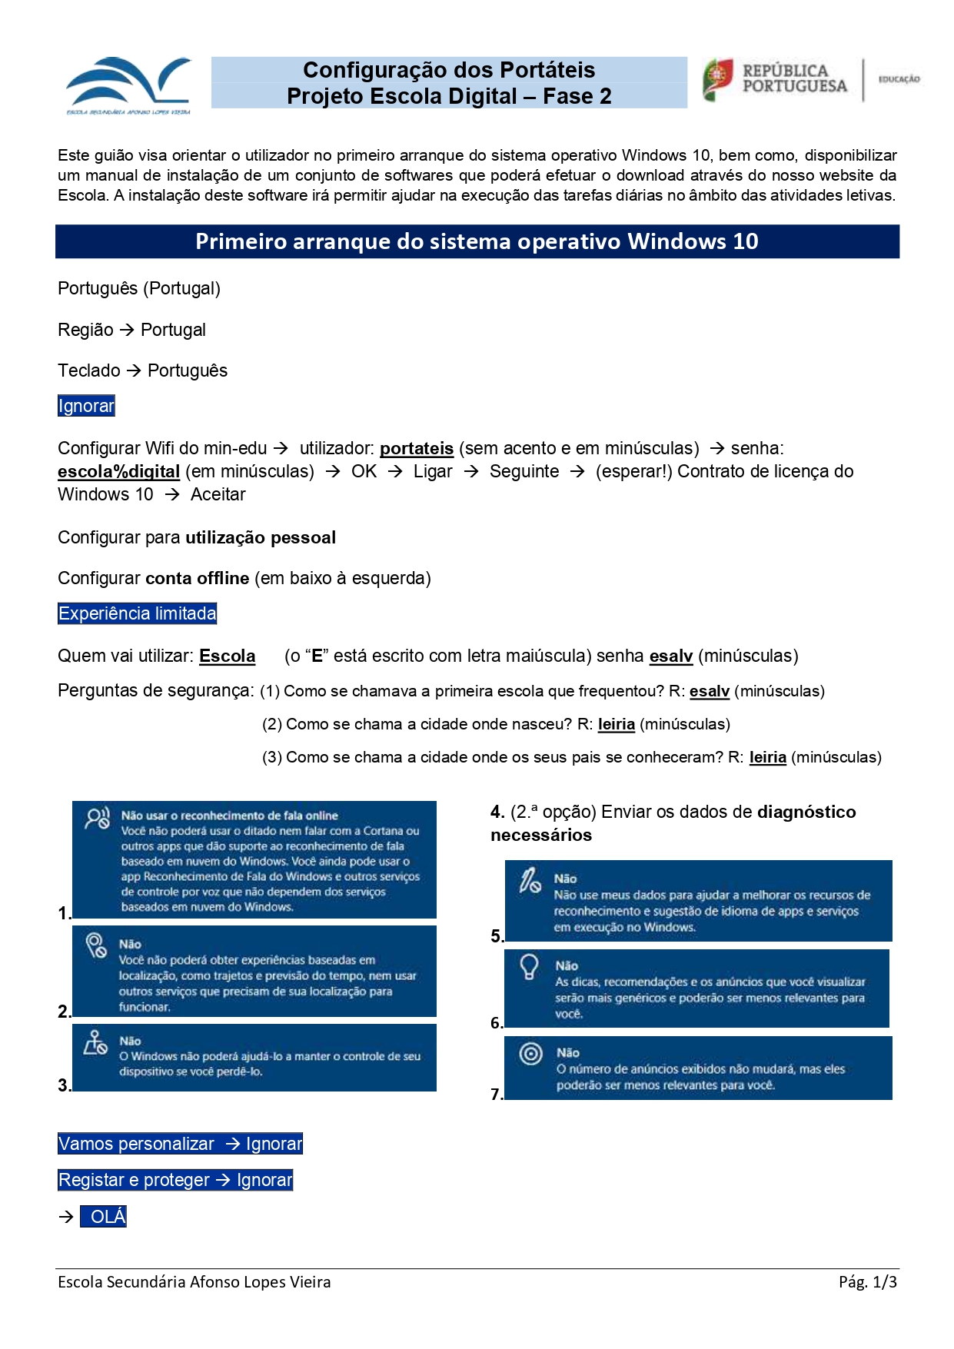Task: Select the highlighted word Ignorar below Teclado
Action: coord(86,406)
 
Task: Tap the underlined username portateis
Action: coord(417,449)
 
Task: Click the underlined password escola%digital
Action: coord(118,472)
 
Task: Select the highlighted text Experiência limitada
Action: coord(138,613)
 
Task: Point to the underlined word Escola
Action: coord(227,656)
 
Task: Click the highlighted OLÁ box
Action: coord(104,1217)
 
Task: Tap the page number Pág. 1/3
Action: coord(867,1282)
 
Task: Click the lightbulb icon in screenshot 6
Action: coord(530,966)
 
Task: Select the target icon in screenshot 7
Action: coord(530,1053)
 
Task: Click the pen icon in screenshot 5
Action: coord(530,880)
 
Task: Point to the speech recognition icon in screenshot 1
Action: coord(98,819)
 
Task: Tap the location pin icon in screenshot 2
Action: coord(96,945)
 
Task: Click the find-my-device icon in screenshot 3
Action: coord(96,1043)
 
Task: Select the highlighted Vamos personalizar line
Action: coord(180,1145)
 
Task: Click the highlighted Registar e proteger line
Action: coord(175,1181)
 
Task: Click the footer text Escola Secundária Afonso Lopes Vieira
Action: coord(194,1282)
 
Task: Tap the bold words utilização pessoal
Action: coord(261,538)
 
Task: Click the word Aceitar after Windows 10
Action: coord(218,495)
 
